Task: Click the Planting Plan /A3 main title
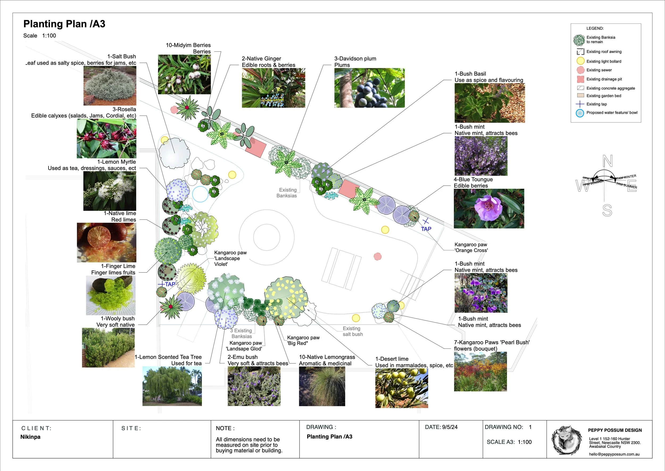pos(64,24)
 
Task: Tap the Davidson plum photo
pos(369,88)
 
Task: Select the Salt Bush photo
pos(110,86)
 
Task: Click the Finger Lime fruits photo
pos(111,295)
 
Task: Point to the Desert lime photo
pos(401,388)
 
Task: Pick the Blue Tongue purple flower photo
pos(489,209)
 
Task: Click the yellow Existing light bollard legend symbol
pos(580,61)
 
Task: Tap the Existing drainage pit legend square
pos(580,79)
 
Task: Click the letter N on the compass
pos(607,161)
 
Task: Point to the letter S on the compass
pos(607,210)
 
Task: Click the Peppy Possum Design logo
pos(566,440)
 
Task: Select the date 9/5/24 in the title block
pos(450,427)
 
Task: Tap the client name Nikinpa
pos(30,437)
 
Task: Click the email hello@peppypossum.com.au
pos(614,454)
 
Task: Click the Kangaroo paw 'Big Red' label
pos(303,340)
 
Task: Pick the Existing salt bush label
pos(352,331)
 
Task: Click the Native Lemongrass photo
pos(322,386)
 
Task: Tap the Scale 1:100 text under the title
pos(40,36)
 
